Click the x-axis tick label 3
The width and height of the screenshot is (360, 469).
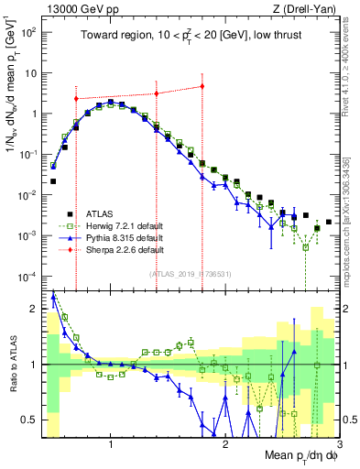[338, 446]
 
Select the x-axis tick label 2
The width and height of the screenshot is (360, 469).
[225, 446]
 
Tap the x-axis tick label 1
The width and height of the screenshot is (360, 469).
[111, 446]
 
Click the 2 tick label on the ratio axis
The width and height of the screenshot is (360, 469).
[33, 309]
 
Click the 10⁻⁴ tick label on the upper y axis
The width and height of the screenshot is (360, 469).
[27, 277]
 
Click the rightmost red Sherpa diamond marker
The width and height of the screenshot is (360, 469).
[202, 87]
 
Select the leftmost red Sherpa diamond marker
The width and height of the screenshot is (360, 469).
[76, 98]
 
